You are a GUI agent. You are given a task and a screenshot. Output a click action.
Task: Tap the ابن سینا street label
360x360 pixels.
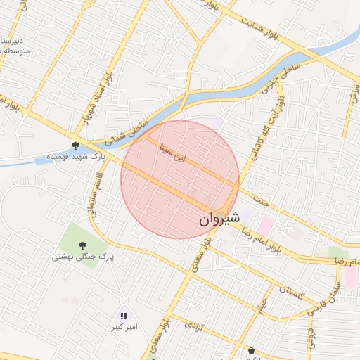click(173, 154)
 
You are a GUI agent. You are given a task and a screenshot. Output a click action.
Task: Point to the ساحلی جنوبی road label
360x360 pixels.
click(270, 81)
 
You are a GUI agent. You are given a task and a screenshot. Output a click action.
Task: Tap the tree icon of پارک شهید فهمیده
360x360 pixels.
click(75, 146)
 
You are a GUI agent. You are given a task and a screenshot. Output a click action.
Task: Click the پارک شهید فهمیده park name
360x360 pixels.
click(75, 157)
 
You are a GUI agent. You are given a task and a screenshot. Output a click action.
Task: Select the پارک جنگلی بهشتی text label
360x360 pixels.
click(77, 257)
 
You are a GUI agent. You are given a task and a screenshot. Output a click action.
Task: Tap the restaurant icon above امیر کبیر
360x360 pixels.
click(124, 316)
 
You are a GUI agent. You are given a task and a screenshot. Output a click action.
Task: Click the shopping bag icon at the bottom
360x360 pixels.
click(251, 349)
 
